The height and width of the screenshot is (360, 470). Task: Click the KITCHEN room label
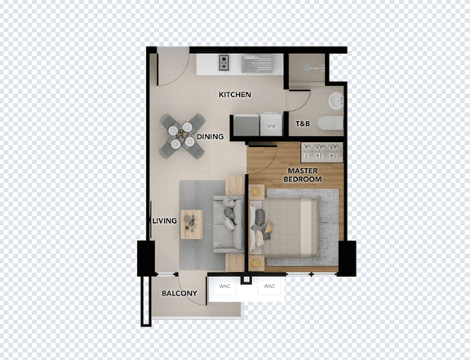pos(235,95)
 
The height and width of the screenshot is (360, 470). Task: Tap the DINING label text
pos(211,136)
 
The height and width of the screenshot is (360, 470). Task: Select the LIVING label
pos(165,220)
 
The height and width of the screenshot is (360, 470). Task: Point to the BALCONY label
pos(180,293)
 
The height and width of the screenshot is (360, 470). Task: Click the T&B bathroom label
pos(303,123)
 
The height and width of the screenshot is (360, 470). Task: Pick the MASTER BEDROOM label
pos(303,175)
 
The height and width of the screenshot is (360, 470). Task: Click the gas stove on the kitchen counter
pos(224,63)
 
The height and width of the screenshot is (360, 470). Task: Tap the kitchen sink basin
pos(249,64)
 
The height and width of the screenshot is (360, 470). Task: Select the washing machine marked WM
pos(271,124)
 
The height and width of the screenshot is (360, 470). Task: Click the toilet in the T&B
pos(330,123)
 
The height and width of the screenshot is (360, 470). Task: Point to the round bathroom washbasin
pos(336,100)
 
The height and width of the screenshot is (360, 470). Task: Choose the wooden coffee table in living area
pos(192,224)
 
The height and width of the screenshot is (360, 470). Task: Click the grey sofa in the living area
pos(228,224)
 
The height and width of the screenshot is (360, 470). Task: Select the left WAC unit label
pos(224,287)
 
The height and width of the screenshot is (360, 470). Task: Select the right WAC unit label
pos(269,287)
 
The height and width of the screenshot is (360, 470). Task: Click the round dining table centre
pos(181,136)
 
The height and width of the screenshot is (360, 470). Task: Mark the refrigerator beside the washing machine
pos(246,125)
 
